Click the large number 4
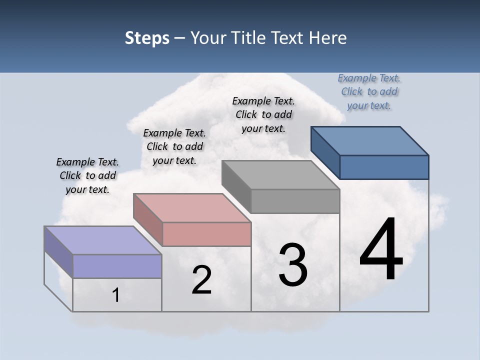[x=381, y=250]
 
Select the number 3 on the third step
[x=293, y=265]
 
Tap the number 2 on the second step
[x=202, y=280]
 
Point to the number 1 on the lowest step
[x=115, y=295]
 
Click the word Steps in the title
[x=147, y=38]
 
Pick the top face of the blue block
[x=370, y=141]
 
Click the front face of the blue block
[x=384, y=167]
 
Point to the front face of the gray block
[x=295, y=201]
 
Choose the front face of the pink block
[x=206, y=234]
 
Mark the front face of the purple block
[x=117, y=266]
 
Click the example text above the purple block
[x=87, y=175]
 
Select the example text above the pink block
[x=174, y=146]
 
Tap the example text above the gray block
[x=263, y=114]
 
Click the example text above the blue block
[x=369, y=91]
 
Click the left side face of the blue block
[x=325, y=152]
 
